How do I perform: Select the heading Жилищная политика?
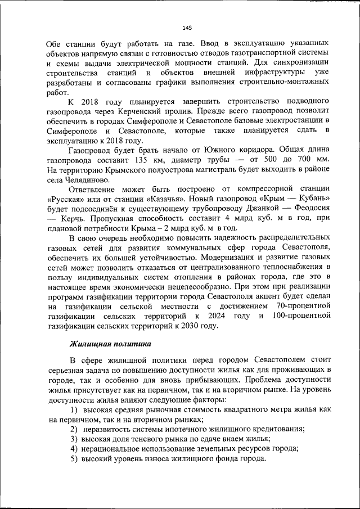(110, 343)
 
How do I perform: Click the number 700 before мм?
(301, 160)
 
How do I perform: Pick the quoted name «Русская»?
(67, 199)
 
